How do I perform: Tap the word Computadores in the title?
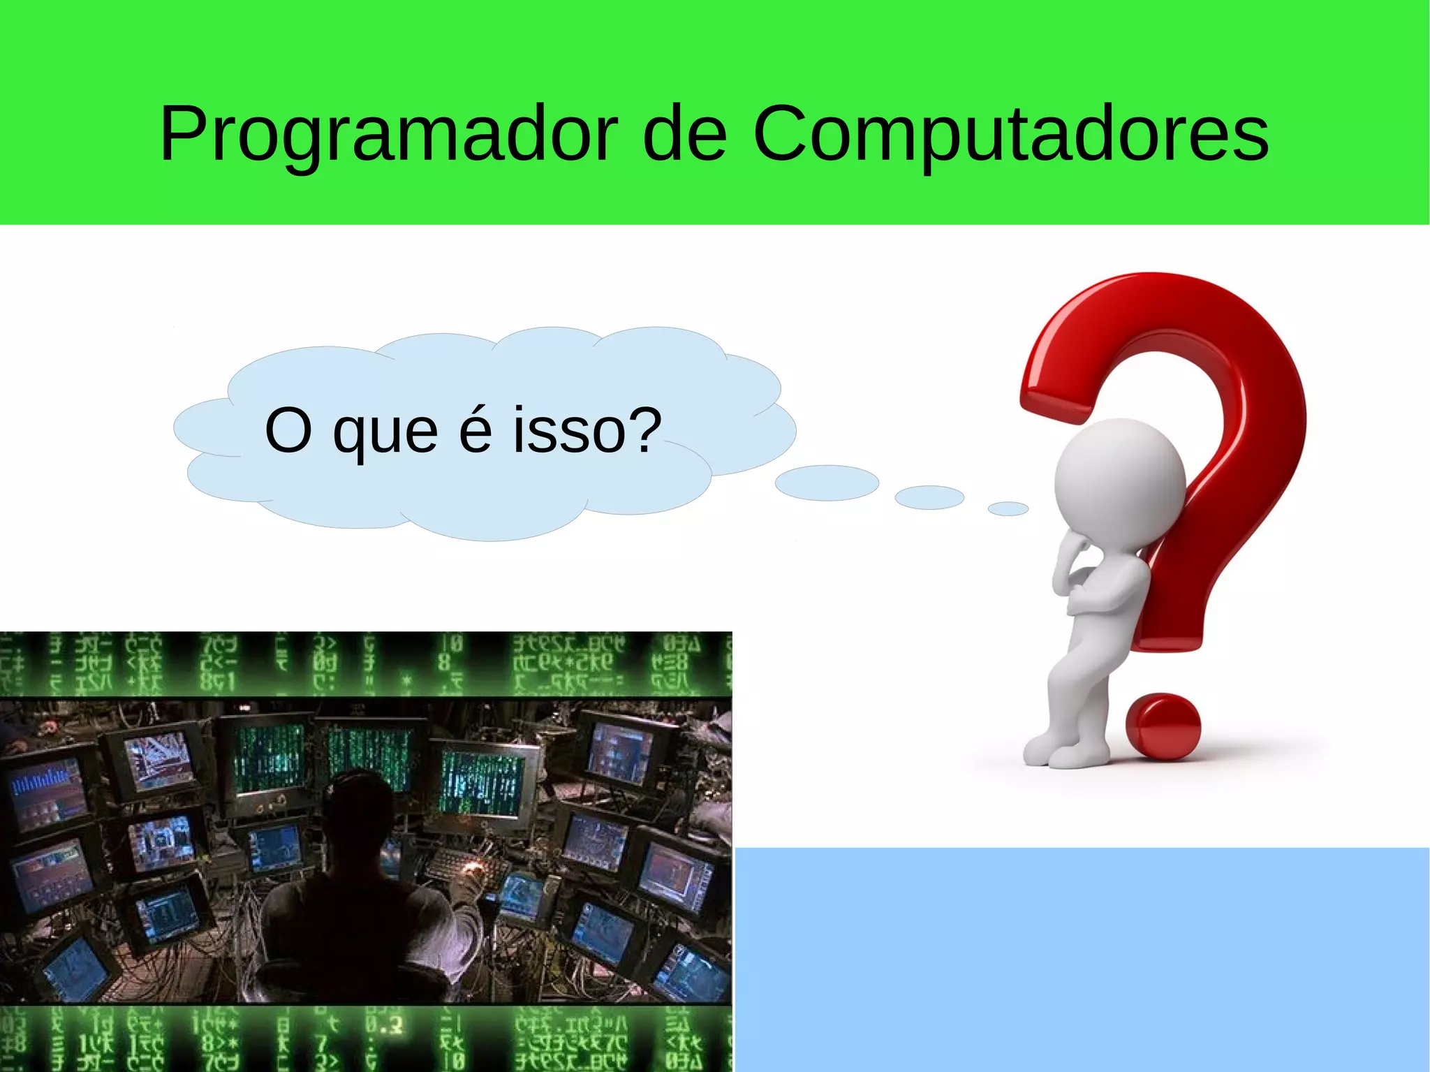click(x=1010, y=134)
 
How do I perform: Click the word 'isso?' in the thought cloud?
click(x=587, y=430)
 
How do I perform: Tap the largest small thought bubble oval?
click(x=827, y=483)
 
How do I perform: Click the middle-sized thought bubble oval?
click(x=929, y=497)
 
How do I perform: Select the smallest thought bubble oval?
click(x=1008, y=508)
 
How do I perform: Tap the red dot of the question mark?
click(x=1163, y=726)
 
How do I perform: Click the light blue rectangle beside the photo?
click(x=1082, y=960)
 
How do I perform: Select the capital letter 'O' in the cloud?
click(x=288, y=430)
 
